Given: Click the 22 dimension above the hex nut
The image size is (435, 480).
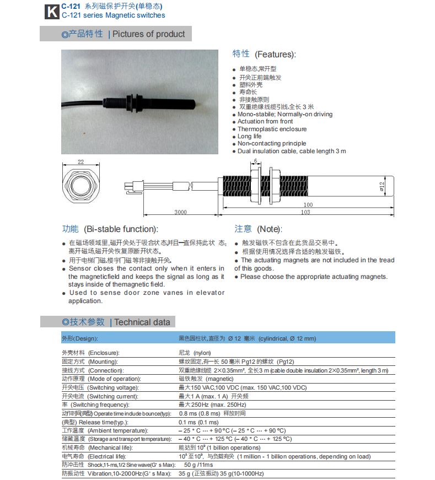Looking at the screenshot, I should pos(80,161).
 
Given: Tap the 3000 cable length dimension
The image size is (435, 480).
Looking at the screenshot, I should pos(180,212).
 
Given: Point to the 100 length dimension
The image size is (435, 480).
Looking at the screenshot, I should pos(323,204).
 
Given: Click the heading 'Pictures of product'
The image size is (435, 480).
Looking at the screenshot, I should pos(149,34).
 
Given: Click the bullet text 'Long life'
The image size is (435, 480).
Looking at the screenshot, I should pos(250,136).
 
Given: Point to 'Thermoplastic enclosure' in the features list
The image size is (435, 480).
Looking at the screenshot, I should pos(272,129).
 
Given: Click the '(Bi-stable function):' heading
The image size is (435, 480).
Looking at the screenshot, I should pos(120,229).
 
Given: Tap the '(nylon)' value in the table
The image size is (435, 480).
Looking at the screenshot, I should pos(202,353).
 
